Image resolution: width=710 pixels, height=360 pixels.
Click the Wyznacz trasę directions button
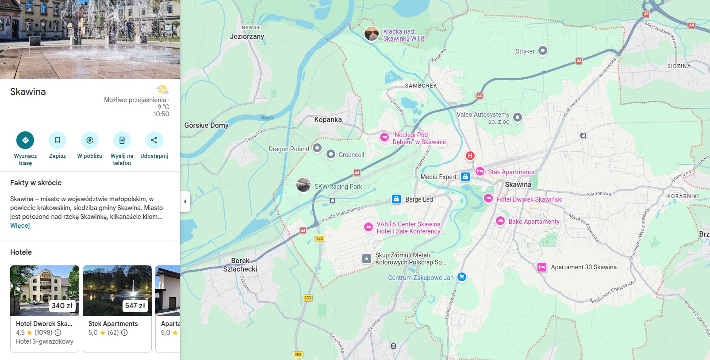tap(25, 140)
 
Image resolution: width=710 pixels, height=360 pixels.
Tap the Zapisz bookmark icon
tap(58, 140)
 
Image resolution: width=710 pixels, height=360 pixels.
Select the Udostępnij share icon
tap(154, 140)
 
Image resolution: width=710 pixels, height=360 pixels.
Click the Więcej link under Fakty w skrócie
tap(20, 226)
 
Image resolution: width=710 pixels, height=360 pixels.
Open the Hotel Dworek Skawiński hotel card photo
tap(45, 290)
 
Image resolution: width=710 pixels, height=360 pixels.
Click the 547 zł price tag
tap(135, 306)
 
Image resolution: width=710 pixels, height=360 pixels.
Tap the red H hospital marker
tap(470, 156)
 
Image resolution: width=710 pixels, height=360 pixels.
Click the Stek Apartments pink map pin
tap(480, 172)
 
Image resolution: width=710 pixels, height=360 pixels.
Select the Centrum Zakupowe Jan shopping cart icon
tap(462, 277)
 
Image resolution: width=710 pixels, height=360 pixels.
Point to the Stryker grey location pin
tap(543, 51)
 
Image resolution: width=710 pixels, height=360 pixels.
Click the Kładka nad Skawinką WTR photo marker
tap(372, 34)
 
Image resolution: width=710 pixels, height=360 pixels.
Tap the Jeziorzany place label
tap(247, 37)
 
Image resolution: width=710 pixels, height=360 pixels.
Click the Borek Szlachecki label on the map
tap(240, 265)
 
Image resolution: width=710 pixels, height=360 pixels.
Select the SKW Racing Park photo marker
tap(303, 185)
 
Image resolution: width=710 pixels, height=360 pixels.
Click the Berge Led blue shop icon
tap(396, 199)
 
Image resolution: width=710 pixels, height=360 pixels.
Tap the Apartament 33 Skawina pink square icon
tap(542, 267)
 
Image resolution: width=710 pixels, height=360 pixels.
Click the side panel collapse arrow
tap(185, 202)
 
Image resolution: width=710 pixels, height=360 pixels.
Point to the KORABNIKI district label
tap(683, 196)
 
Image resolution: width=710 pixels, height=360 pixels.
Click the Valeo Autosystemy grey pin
tap(517, 117)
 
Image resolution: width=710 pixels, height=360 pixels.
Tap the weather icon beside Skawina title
tap(162, 90)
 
